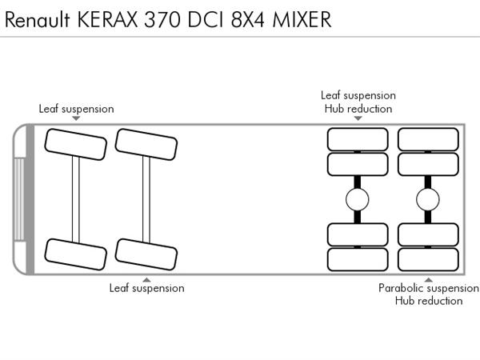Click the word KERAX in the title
pos(107,19)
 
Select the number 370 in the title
pos(162,19)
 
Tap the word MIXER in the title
pos(302,19)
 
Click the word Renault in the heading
pos(38,19)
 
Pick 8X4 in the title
pos(248,19)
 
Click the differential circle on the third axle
pos(358,199)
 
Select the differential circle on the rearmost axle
pos(428,199)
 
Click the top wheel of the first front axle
pos(76,144)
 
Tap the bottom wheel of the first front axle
pos(76,254)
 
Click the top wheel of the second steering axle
pos(146,144)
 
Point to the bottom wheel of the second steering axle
pos(146,254)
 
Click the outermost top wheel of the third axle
pos(358,139)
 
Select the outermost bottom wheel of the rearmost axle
pos(428,259)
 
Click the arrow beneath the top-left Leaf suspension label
pos(76,118)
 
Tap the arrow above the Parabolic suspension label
pos(428,280)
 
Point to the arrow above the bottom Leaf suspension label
pos(147,280)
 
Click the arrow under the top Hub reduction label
pos(358,118)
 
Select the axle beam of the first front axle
pos(76,199)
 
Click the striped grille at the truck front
pos(19,199)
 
